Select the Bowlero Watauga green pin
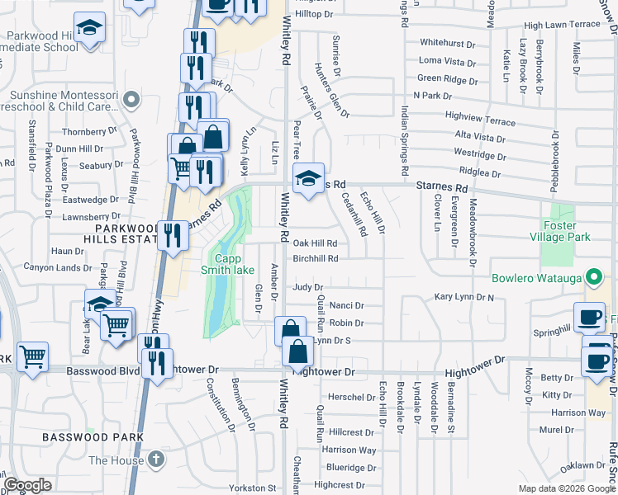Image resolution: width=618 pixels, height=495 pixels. (x=592, y=277)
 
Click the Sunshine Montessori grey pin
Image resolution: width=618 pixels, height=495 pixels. (x=130, y=101)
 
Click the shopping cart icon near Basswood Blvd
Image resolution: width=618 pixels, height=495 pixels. (x=32, y=357)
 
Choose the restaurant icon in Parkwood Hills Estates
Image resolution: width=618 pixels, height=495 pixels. (x=173, y=235)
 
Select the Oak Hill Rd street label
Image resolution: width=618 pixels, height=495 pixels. (x=315, y=243)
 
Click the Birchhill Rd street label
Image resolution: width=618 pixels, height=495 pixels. (x=316, y=258)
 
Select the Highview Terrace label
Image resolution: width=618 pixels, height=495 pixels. (x=480, y=118)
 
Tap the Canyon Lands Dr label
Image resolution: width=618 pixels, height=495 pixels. (x=58, y=268)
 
